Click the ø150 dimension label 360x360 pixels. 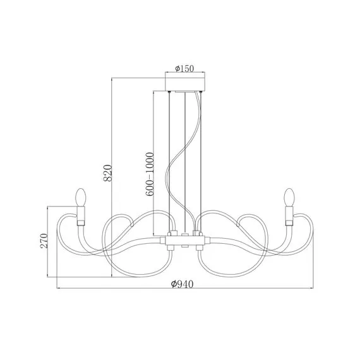point(184,68)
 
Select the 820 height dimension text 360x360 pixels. point(107,173)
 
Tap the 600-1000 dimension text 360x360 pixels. point(149,174)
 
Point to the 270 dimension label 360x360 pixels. point(44,241)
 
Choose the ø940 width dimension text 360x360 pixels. point(183,284)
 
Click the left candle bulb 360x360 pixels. point(81,197)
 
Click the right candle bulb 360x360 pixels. point(289,197)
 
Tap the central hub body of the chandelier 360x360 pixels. point(185,241)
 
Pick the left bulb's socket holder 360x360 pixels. point(81,216)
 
